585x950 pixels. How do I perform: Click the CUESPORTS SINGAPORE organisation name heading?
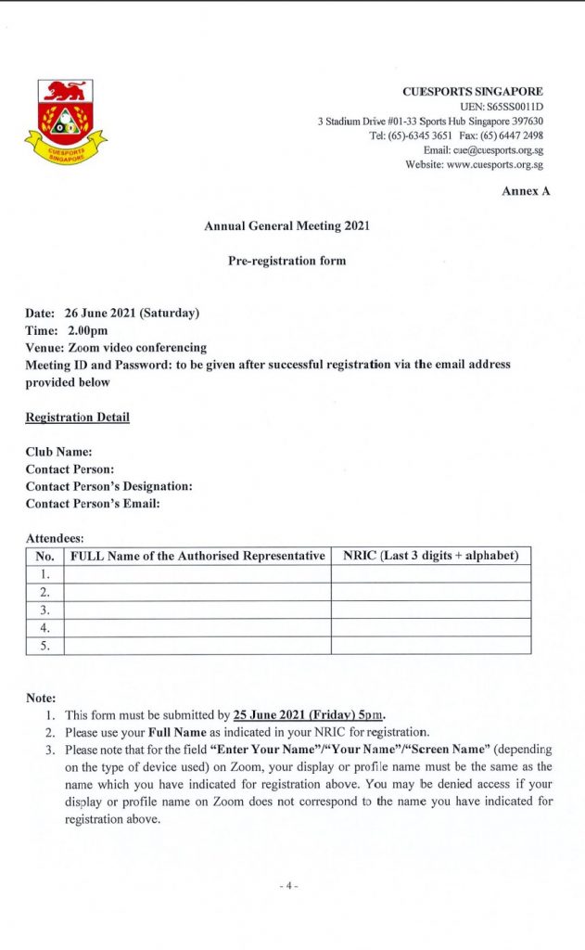coord(473,92)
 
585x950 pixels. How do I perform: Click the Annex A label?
coord(526,191)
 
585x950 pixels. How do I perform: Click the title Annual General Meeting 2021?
coord(286,226)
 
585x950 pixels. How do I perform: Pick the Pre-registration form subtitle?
coord(286,261)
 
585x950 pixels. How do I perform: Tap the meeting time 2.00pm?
coord(87,330)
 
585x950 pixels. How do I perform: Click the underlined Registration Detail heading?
coord(77,417)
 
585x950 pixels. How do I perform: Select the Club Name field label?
coord(58,452)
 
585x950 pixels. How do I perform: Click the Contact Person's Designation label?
coord(108,486)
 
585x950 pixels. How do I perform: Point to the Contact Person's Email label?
coord(93,504)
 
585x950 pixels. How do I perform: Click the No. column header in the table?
coord(45,556)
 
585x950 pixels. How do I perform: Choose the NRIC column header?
coord(430,556)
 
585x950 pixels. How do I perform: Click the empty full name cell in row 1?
coord(197,574)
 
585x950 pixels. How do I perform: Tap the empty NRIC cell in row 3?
coord(430,610)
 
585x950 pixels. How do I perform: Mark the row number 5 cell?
coord(45,645)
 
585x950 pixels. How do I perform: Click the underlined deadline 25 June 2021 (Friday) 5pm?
coord(308,715)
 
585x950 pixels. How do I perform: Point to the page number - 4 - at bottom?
coord(288,886)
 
